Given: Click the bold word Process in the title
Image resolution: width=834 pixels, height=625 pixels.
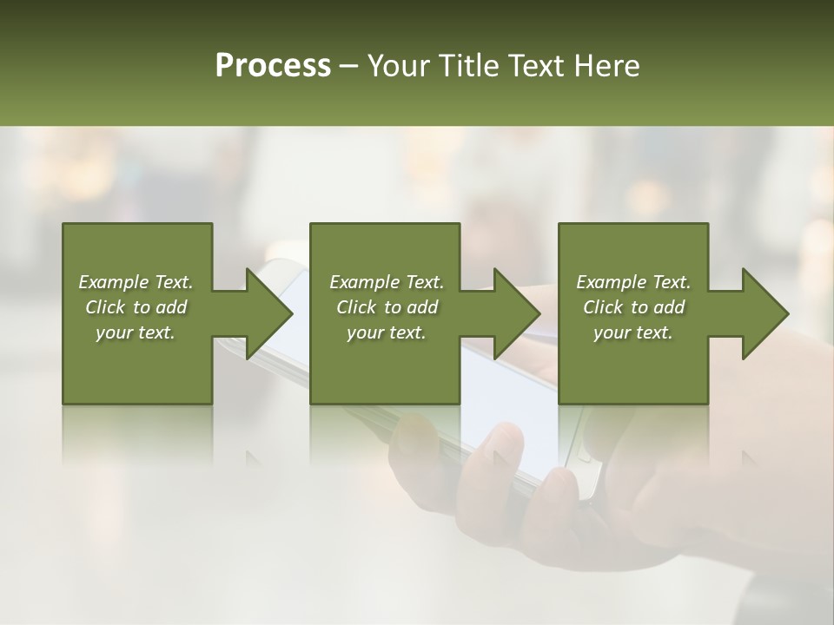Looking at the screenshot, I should [x=273, y=66].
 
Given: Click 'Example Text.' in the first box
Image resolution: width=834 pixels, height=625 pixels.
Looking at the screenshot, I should [x=136, y=282].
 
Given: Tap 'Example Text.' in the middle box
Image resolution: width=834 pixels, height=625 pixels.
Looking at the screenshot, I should [x=387, y=282].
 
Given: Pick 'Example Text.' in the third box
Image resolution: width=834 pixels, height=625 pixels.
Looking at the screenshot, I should [x=633, y=282].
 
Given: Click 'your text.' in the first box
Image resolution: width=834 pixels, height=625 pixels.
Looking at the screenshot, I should [x=136, y=332].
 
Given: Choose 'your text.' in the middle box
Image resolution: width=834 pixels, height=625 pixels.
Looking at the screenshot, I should [x=387, y=332].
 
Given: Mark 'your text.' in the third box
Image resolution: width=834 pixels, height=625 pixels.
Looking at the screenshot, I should [x=633, y=332].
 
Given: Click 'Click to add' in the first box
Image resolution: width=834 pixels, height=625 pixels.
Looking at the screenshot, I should [x=136, y=307].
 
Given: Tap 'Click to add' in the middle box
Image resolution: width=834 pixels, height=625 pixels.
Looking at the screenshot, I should [x=387, y=307].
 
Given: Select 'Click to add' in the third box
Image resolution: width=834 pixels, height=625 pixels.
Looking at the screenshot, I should [x=633, y=307].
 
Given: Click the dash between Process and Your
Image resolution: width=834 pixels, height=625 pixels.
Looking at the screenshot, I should [x=349, y=66].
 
